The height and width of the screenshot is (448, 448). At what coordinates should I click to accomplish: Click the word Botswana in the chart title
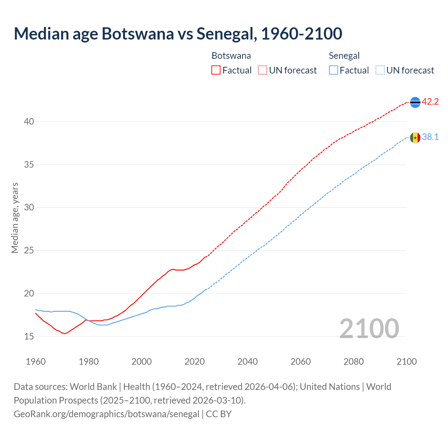tap(138, 34)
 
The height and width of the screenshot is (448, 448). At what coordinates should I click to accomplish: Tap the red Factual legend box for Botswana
tap(216, 70)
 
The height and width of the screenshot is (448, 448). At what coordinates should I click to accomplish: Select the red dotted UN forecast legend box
tap(262, 70)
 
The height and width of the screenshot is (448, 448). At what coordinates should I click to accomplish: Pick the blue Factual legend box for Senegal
tap(334, 70)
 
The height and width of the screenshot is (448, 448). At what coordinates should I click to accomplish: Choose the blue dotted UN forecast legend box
tap(380, 70)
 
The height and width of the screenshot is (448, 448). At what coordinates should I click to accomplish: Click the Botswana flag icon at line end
tap(415, 102)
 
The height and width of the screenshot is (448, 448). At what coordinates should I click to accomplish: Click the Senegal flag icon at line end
tap(415, 138)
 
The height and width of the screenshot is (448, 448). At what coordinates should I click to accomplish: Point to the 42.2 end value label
tap(430, 102)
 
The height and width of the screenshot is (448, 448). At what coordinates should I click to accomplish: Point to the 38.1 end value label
tap(430, 137)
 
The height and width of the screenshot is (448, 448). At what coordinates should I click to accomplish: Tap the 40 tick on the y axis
tap(29, 122)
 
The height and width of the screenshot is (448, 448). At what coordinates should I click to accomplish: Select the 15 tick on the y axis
tap(29, 336)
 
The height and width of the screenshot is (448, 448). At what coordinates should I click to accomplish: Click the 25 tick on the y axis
tap(29, 251)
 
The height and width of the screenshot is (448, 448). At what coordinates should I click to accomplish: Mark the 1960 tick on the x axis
tap(36, 362)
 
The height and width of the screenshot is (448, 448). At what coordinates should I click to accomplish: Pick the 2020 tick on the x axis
tap(195, 362)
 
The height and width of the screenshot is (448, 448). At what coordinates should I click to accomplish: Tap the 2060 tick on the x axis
tap(301, 362)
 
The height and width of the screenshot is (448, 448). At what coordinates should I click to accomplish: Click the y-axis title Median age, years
tap(15, 218)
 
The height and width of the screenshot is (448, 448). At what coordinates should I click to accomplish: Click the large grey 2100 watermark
tap(369, 329)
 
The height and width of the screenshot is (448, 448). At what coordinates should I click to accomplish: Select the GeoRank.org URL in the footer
tap(106, 414)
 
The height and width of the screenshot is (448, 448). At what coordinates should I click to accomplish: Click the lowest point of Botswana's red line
tap(64, 334)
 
